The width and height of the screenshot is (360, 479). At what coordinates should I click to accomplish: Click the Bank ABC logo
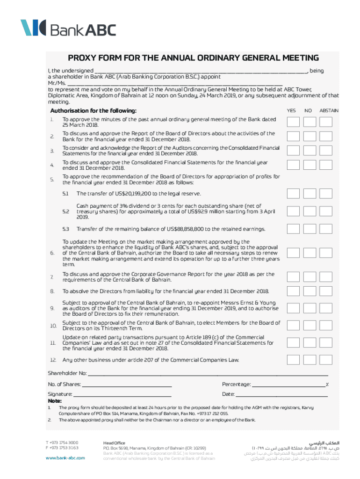(68, 28)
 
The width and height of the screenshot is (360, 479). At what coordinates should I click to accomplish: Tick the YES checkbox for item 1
(294, 122)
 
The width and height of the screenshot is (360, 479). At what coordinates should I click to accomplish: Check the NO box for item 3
(310, 151)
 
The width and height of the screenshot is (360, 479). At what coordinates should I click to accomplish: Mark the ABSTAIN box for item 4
(326, 165)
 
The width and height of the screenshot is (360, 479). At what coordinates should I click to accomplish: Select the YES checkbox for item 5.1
(294, 194)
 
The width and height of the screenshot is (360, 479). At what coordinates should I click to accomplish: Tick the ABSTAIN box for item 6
(326, 253)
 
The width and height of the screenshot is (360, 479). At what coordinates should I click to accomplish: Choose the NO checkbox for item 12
(310, 360)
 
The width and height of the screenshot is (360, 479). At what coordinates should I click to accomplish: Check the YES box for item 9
(294, 308)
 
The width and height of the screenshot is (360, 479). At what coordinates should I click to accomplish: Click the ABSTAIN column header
(329, 111)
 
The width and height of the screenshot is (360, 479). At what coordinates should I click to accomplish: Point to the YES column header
(291, 111)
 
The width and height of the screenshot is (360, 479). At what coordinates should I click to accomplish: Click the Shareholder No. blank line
(208, 373)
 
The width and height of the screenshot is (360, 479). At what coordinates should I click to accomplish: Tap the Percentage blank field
(288, 385)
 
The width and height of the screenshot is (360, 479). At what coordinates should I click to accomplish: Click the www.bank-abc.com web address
(65, 457)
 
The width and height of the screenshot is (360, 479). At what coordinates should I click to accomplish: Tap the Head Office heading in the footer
(114, 443)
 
